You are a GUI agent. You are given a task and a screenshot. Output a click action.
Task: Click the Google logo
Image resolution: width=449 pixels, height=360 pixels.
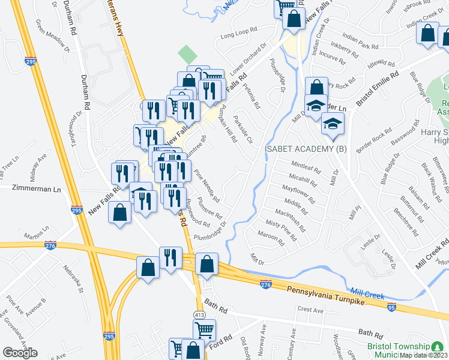(x=20, y=352)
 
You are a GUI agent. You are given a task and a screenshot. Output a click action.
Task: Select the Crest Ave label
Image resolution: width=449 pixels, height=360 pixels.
(x=310, y=310)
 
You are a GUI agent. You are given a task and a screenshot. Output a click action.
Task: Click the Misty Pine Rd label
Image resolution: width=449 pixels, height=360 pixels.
(x=281, y=230)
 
